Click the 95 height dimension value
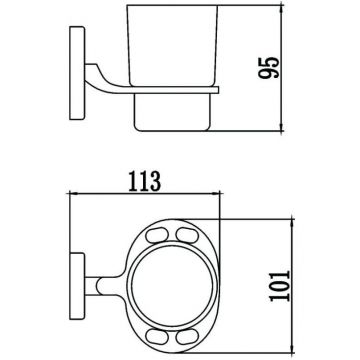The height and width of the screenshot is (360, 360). click(x=269, y=68)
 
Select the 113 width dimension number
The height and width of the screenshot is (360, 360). click(x=145, y=182)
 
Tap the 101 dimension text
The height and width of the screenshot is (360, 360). click(x=280, y=286)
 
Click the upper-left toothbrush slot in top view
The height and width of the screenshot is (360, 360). click(x=157, y=235)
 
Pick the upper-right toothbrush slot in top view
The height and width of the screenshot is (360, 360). click(x=187, y=235)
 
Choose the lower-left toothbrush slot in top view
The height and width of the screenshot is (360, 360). click(x=157, y=336)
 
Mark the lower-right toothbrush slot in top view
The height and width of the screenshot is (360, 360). click(x=187, y=336)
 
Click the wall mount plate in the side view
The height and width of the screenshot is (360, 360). click(x=77, y=73)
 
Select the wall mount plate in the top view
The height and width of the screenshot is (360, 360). click(x=77, y=286)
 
